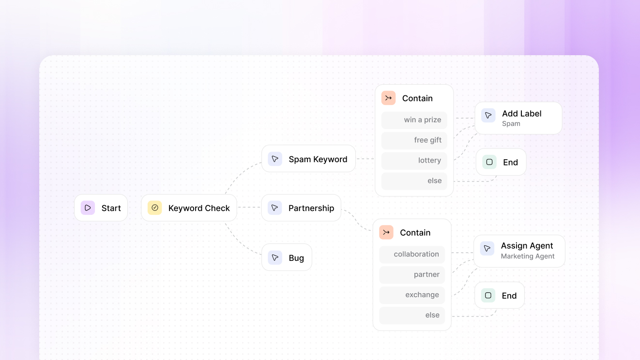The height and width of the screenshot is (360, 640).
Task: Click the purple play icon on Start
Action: click(88, 208)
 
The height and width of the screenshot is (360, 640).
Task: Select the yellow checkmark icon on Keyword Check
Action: click(154, 208)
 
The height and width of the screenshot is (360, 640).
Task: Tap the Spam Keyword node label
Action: click(318, 159)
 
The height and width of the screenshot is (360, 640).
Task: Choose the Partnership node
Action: click(301, 208)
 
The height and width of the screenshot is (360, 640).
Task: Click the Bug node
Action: click(287, 257)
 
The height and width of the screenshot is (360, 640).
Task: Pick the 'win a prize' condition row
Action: click(414, 120)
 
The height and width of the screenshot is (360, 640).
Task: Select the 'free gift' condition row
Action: click(414, 140)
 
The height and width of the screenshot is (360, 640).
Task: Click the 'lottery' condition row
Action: click(414, 161)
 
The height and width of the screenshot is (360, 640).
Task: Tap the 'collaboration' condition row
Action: click(412, 255)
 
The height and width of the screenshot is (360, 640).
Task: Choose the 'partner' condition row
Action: click(412, 275)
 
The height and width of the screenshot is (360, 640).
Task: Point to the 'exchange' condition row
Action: click(412, 295)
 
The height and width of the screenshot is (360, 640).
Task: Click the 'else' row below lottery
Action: click(414, 181)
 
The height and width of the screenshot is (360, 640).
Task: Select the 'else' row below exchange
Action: click(412, 315)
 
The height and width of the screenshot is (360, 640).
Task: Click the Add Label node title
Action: click(522, 114)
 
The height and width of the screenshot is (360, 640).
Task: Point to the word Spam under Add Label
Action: click(511, 124)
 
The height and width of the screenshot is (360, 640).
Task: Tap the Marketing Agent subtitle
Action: click(528, 256)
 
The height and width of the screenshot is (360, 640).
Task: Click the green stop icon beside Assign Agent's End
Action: click(488, 296)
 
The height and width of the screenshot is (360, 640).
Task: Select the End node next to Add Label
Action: click(501, 162)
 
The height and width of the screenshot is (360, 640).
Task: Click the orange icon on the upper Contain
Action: click(388, 98)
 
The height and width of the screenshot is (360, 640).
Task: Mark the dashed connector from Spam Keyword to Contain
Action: click(366, 159)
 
